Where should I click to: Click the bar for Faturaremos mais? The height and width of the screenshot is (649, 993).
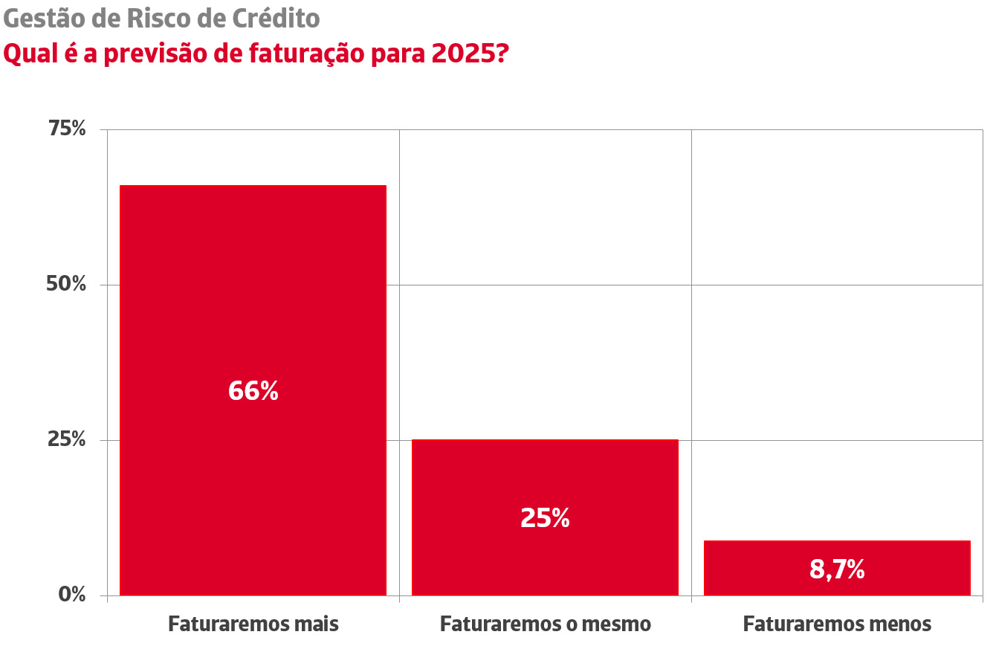point(253,297)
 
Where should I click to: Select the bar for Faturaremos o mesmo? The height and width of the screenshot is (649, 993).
point(545,476)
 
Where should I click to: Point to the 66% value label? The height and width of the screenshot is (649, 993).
point(253,391)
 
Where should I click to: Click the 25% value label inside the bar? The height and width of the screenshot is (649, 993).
point(545,518)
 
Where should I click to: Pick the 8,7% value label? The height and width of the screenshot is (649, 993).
point(837,570)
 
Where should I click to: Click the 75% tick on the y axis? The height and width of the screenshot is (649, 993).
point(67,129)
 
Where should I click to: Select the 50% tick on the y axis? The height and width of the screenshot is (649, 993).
point(66,285)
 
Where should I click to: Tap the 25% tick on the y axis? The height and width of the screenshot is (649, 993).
point(66,440)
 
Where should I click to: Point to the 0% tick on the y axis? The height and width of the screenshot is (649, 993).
point(72,595)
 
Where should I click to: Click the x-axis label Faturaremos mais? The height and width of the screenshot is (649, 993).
point(253,624)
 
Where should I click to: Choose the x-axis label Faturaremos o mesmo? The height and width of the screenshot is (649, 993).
point(545,624)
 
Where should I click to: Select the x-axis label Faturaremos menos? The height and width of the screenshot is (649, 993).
point(837,624)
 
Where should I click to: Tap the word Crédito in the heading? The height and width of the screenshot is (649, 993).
point(275,19)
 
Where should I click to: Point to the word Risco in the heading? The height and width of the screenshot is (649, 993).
point(153,19)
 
